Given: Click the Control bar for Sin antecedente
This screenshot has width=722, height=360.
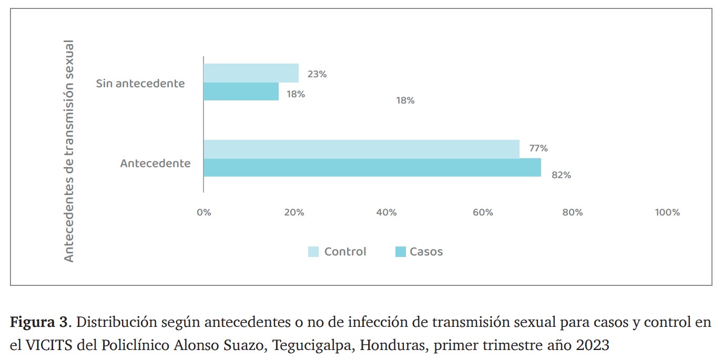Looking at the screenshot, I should [x=251, y=73].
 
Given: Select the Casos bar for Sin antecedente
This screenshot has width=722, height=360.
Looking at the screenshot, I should [x=241, y=91].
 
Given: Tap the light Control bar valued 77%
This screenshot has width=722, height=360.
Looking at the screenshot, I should [x=361, y=149].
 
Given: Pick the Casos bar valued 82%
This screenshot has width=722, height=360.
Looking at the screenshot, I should [x=372, y=168].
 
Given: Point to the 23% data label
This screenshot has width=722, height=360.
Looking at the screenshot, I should [x=317, y=74].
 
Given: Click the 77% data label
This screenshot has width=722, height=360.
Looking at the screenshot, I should [x=538, y=148].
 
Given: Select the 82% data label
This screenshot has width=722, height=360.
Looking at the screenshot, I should [x=561, y=175].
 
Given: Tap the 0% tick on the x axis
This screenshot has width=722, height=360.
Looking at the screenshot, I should [x=204, y=212].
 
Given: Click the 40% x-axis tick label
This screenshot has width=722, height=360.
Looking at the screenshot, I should [x=387, y=212].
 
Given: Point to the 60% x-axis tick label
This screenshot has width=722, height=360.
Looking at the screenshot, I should [x=483, y=212].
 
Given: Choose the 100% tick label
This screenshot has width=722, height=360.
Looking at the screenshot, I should [x=667, y=212].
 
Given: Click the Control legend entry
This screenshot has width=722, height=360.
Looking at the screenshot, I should [x=337, y=252].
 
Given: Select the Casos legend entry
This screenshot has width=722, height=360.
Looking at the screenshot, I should [x=419, y=252].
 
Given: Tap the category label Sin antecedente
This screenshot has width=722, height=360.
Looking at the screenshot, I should [x=140, y=83].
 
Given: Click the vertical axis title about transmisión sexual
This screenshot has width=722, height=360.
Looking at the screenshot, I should [x=69, y=151].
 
